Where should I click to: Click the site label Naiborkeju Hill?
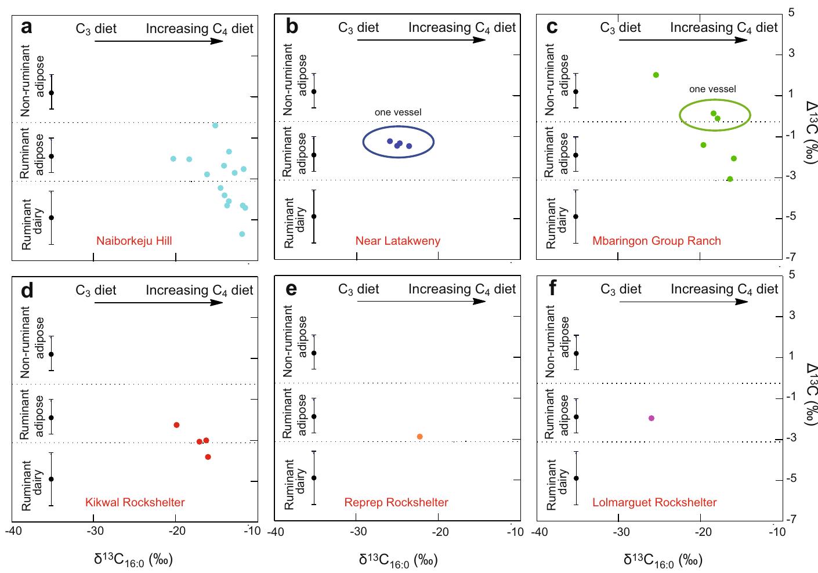click(134, 241)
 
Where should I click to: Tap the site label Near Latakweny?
click(397, 241)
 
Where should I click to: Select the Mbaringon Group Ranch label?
click(656, 241)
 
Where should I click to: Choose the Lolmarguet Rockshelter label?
click(654, 502)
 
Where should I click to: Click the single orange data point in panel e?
click(419, 436)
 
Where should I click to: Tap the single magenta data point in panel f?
click(651, 418)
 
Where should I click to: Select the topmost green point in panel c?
click(656, 75)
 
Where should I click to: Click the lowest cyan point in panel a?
click(242, 234)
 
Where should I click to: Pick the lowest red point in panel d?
click(208, 457)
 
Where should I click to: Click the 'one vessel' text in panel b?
click(398, 112)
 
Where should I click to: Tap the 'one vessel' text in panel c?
click(712, 89)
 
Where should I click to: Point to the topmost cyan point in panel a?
click(215, 125)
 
